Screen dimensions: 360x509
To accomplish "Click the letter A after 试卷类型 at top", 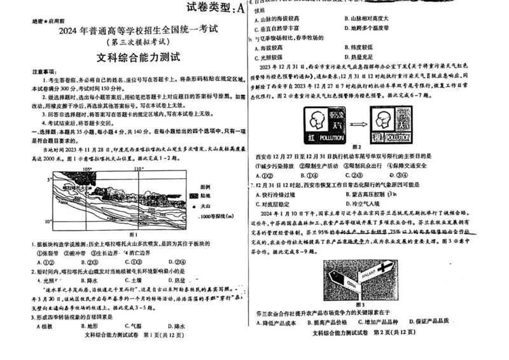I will point(239,8).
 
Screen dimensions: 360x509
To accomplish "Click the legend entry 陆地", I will point(207,196).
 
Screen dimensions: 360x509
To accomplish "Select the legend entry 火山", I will point(207,206).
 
